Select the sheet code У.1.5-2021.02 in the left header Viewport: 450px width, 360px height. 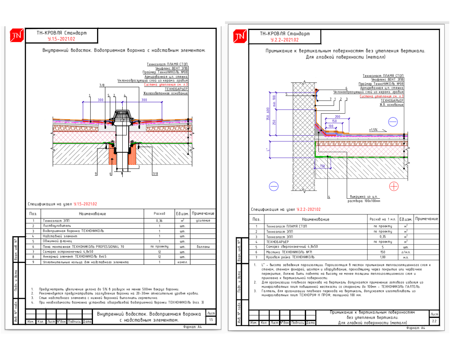pos(61,39)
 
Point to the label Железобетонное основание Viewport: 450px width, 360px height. pos(166,93)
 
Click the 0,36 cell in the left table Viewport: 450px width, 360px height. pos(159,220)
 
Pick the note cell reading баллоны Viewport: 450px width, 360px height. pos(203,247)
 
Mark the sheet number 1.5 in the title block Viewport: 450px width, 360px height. pos(211,320)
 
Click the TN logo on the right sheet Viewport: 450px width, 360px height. pos(240,36)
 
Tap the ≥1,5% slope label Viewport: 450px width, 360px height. pos(373,129)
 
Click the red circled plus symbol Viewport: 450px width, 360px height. pos(394,186)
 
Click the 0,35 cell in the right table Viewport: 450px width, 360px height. pos(382,237)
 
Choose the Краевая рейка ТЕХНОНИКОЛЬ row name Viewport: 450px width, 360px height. pos(290,257)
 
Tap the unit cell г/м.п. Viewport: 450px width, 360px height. pos(405,252)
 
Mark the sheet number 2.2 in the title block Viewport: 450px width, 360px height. pos(434,321)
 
